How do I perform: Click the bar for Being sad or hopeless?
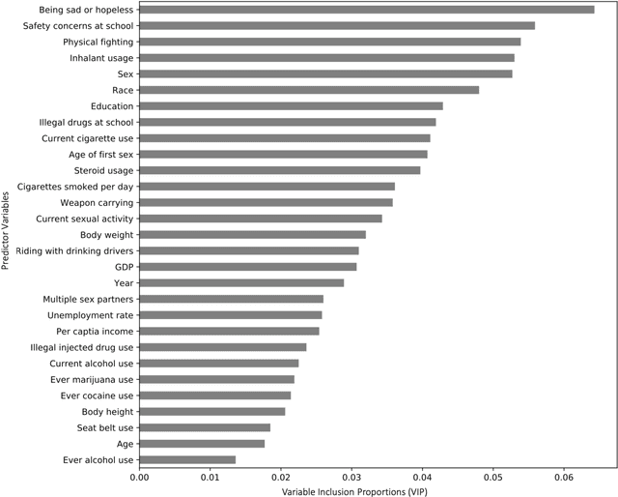coord(367,10)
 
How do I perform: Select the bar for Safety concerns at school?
coord(337,25)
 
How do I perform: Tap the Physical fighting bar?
coord(330,42)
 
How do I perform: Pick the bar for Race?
coord(309,90)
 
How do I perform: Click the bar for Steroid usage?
coord(280,170)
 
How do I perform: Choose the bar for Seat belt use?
coord(205,427)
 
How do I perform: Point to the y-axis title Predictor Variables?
coord(7,235)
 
